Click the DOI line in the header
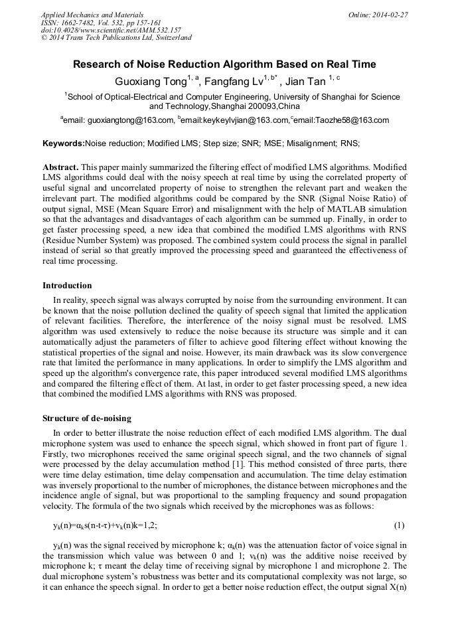coord(111,30)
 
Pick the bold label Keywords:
coord(64,143)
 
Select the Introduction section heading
coord(67,286)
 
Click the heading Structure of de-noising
coord(87,418)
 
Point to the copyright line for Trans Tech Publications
coord(116,38)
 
